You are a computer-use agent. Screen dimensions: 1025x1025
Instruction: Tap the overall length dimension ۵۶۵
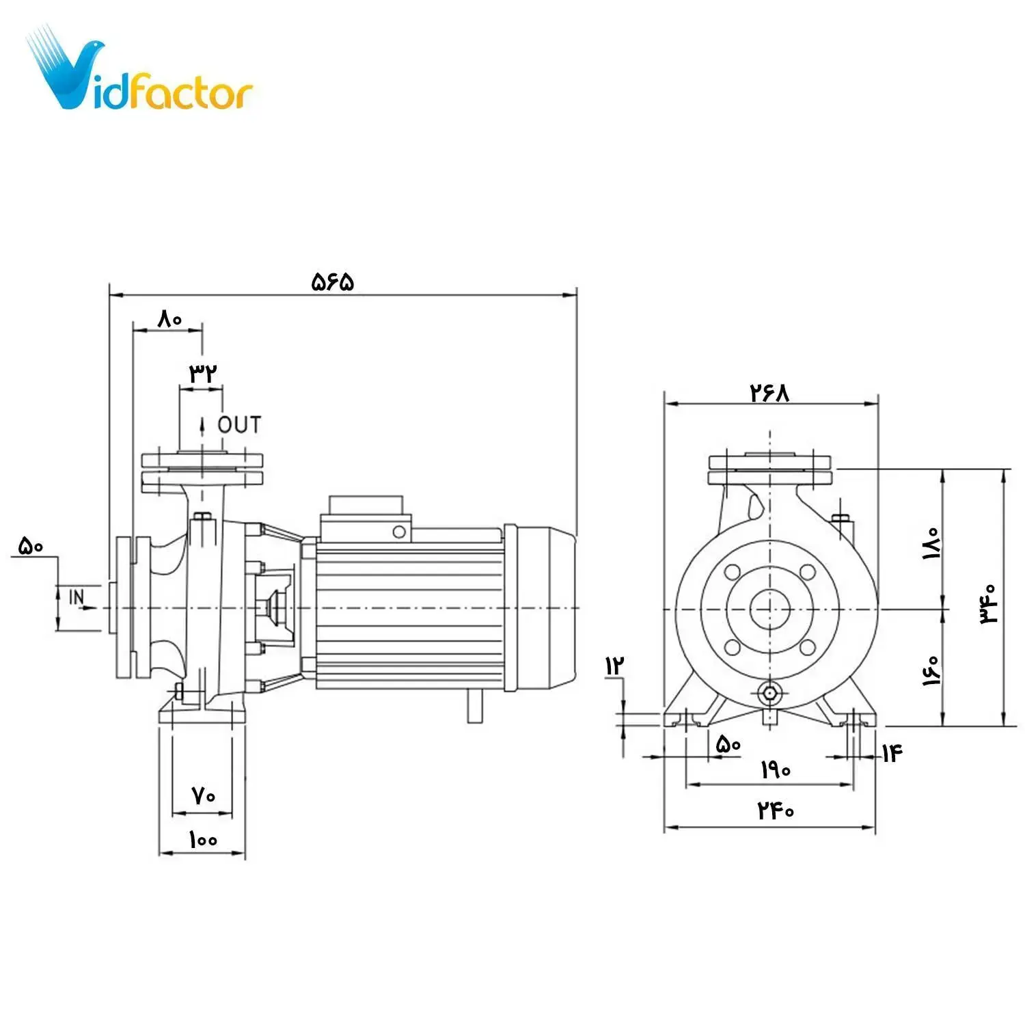pos(333,282)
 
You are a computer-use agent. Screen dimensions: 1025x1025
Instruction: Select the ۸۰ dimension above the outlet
pos(169,318)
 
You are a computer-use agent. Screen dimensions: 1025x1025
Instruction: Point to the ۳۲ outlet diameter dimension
pos(203,374)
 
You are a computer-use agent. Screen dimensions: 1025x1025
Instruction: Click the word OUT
pos(239,425)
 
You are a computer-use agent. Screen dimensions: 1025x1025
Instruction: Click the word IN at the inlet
pos(77,597)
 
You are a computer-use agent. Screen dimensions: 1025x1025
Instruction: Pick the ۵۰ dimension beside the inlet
pos(30,546)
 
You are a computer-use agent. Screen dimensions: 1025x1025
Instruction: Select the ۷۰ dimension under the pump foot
pos(203,796)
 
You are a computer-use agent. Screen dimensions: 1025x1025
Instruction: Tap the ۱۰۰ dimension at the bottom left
pos(203,840)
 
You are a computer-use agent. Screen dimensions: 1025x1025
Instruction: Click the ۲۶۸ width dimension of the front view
pos(769,393)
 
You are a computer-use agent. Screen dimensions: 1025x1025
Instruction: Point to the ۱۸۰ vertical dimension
pos(931,543)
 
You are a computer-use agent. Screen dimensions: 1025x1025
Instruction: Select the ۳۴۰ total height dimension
pos(988,603)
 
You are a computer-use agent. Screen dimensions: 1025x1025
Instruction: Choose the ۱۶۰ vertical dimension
pos(931,670)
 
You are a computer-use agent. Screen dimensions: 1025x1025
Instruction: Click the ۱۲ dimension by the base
pos(614,665)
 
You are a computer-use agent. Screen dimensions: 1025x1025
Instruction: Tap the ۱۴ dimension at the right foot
pos(892,753)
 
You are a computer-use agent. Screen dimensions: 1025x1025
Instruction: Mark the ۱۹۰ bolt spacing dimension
pos(776,770)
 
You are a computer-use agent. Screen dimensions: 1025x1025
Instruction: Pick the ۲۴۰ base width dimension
pos(776,811)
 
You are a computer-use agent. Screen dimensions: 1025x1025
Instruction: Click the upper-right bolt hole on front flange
pos(808,572)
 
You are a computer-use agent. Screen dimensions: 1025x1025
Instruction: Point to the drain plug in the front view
pos(770,694)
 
